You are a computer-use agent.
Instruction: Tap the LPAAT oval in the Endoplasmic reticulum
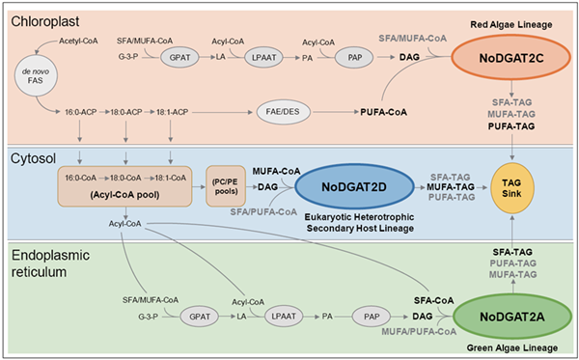click(282, 317)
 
